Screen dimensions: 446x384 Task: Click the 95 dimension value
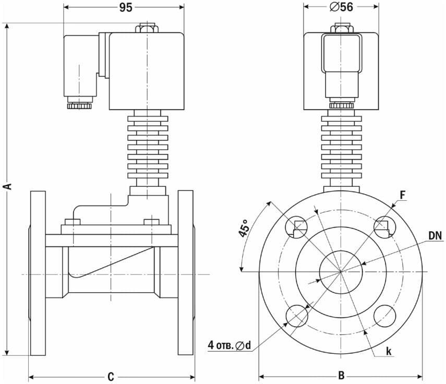coord(126,7)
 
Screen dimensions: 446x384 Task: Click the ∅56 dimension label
coord(341,7)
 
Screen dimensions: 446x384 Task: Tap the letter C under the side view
coord(111,377)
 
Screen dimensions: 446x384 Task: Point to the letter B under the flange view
coord(341,376)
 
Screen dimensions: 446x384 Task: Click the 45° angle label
coord(244,227)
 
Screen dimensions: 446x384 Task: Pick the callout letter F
coord(403,195)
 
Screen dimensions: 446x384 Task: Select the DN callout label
coord(435,235)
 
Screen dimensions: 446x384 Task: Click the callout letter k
coord(389,352)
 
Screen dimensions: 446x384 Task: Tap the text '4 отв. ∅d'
coord(229,345)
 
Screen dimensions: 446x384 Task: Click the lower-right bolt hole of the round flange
coord(385,316)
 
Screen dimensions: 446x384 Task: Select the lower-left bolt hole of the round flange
coord(297,316)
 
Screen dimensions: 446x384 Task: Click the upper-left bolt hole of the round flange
coord(297,227)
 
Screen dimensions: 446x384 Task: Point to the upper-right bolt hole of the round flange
coord(385,227)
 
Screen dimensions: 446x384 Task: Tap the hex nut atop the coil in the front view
coord(342,29)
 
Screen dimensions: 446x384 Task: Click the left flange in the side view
coord(38,273)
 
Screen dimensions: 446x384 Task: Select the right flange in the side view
coord(186,273)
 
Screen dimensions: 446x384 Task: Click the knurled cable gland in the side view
coord(79,106)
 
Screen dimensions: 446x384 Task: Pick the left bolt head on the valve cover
coord(73,222)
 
